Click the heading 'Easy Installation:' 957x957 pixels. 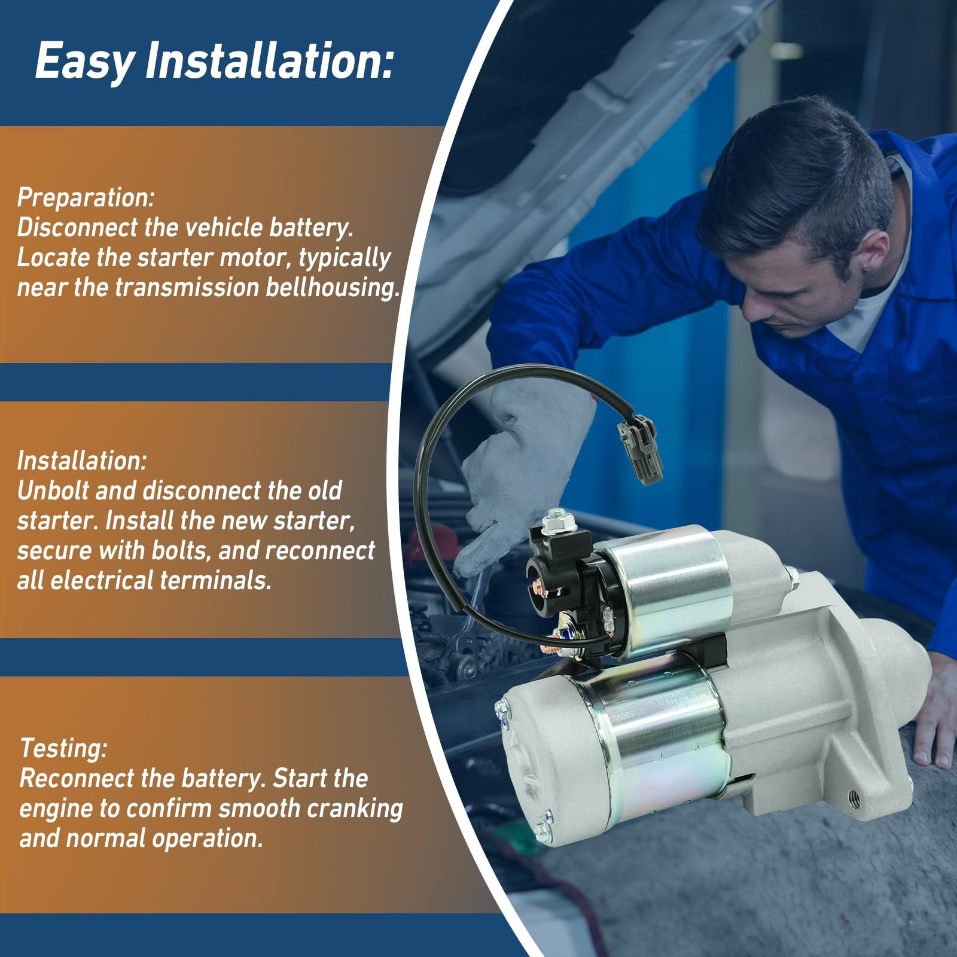(215, 62)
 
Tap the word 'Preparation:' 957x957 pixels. (86, 198)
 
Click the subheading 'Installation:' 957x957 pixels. (82, 461)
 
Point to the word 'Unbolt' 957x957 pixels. (53, 490)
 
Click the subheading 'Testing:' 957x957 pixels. (64, 748)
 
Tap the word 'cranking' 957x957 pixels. (355, 809)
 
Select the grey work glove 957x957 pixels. (520, 467)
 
